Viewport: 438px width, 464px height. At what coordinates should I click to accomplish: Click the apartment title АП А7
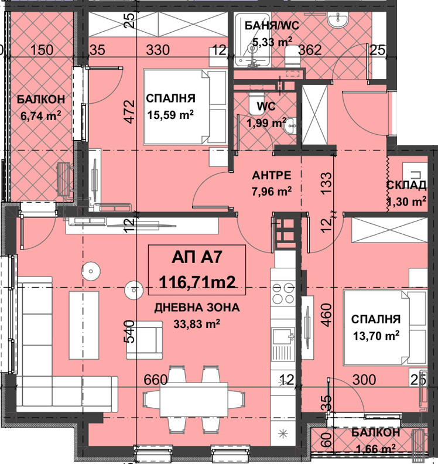pyautogui.click(x=196, y=257)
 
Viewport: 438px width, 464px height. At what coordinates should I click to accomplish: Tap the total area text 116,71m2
pyautogui.click(x=197, y=282)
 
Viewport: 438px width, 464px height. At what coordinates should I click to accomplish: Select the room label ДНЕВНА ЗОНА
pyautogui.click(x=197, y=308)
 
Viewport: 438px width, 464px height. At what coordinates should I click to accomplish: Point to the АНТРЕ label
pyautogui.click(x=272, y=176)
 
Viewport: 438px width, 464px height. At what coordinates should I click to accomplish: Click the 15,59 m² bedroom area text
pyautogui.click(x=170, y=114)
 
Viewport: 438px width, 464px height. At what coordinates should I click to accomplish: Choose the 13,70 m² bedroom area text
pyautogui.click(x=376, y=336)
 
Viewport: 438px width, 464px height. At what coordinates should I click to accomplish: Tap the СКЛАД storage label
pyautogui.click(x=406, y=185)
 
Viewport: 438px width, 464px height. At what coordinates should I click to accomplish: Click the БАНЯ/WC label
pyautogui.click(x=272, y=25)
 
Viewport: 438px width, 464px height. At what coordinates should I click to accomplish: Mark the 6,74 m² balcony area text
pyautogui.click(x=41, y=115)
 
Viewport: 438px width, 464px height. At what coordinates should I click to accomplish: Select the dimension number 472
pyautogui.click(x=129, y=112)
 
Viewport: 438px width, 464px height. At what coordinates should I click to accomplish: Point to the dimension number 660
pyautogui.click(x=156, y=380)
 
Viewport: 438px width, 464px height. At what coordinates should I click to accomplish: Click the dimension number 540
pyautogui.click(x=129, y=332)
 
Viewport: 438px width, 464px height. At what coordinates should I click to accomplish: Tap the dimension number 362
pyautogui.click(x=310, y=50)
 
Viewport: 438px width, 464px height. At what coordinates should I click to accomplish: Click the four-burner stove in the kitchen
pyautogui.click(x=283, y=293)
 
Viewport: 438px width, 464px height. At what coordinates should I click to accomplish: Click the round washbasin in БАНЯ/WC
pyautogui.click(x=338, y=20)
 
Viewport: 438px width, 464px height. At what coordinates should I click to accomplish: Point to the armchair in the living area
pyautogui.click(x=144, y=340)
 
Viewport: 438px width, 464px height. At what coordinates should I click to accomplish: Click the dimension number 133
pyautogui.click(x=327, y=183)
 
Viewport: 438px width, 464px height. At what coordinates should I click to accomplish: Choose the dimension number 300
pyautogui.click(x=364, y=380)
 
